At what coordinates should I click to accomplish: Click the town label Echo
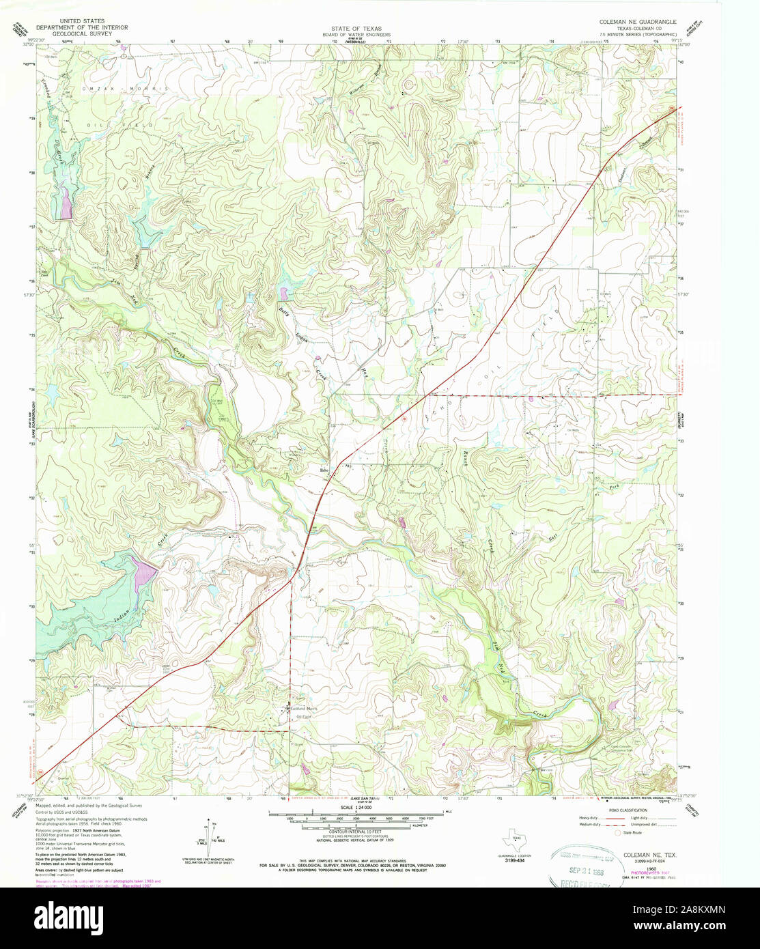(x=325, y=469)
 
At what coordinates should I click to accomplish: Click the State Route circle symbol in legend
(x=619, y=833)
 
